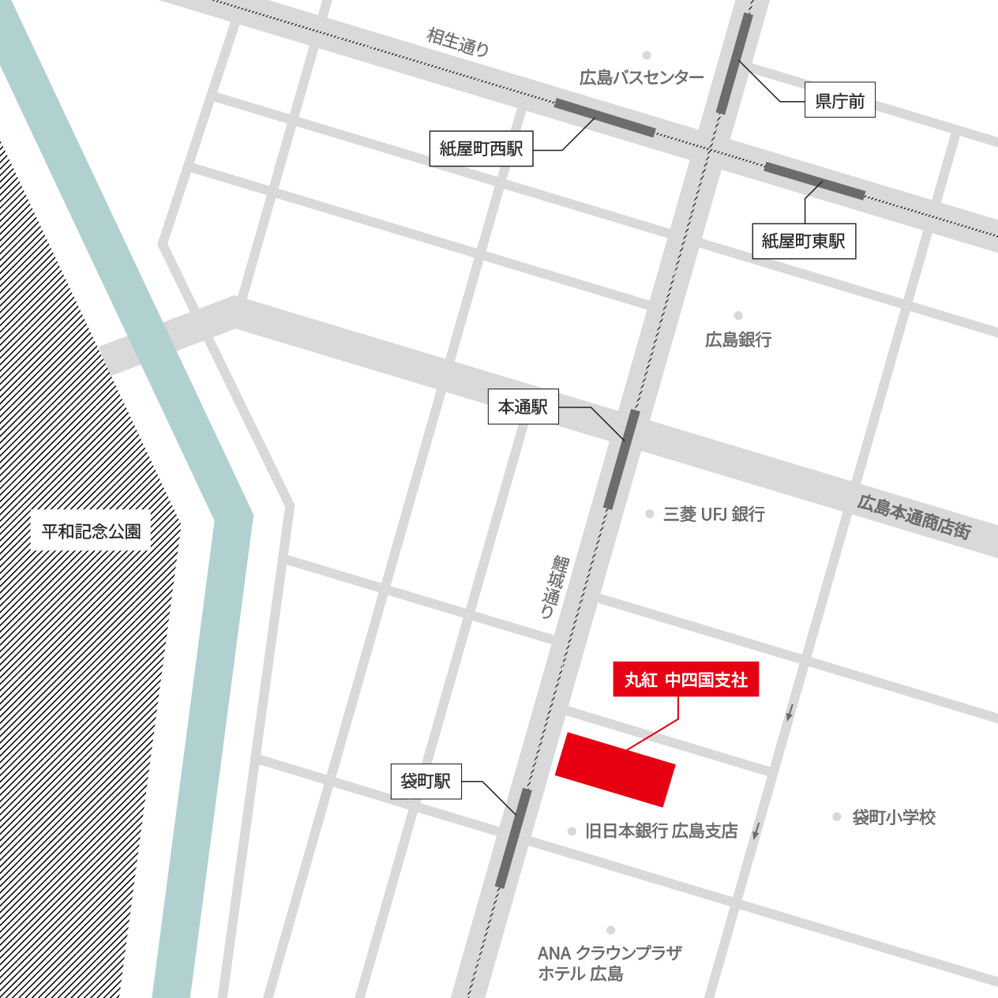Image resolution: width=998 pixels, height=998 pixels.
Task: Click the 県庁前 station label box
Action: pyautogui.click(x=839, y=100)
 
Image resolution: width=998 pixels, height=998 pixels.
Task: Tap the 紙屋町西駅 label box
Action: pyautogui.click(x=481, y=148)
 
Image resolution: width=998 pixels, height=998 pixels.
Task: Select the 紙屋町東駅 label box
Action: pyautogui.click(x=803, y=241)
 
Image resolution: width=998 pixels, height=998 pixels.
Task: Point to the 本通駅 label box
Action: pyautogui.click(x=523, y=407)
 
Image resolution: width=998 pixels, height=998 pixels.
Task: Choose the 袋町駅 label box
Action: pyautogui.click(x=426, y=781)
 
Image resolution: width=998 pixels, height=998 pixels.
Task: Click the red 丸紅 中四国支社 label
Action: pyautogui.click(x=685, y=679)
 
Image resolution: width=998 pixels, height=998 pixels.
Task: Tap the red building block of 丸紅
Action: pyautogui.click(x=615, y=769)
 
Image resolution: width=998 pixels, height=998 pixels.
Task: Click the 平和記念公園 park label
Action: pyautogui.click(x=91, y=531)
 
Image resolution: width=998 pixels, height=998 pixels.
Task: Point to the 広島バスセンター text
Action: pyautogui.click(x=641, y=77)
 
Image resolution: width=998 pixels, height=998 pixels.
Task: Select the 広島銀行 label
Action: pyautogui.click(x=738, y=340)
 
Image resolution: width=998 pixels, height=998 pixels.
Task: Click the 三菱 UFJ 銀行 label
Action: pyautogui.click(x=714, y=514)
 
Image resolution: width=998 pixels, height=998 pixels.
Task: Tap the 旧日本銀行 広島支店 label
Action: pyautogui.click(x=661, y=831)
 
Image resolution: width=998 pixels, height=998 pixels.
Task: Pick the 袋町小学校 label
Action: pyautogui.click(x=894, y=817)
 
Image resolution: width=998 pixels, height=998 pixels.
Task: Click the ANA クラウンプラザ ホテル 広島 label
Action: pyautogui.click(x=609, y=963)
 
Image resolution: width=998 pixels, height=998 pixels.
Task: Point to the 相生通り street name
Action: pyautogui.click(x=458, y=42)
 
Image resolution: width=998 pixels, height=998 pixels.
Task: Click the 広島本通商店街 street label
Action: pyautogui.click(x=914, y=517)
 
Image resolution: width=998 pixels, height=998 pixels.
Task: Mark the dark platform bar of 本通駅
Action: pyautogui.click(x=621, y=460)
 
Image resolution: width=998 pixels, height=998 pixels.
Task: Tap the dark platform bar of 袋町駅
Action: pyautogui.click(x=513, y=838)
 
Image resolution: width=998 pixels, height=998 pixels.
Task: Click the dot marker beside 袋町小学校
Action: pyautogui.click(x=837, y=816)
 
